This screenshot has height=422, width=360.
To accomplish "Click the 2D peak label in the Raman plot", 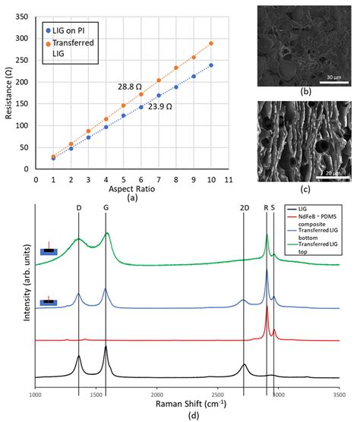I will tap(243, 207).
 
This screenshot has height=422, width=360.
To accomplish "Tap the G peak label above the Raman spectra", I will tap(107, 207).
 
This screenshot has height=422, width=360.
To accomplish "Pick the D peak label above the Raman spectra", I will tap(79, 207).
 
